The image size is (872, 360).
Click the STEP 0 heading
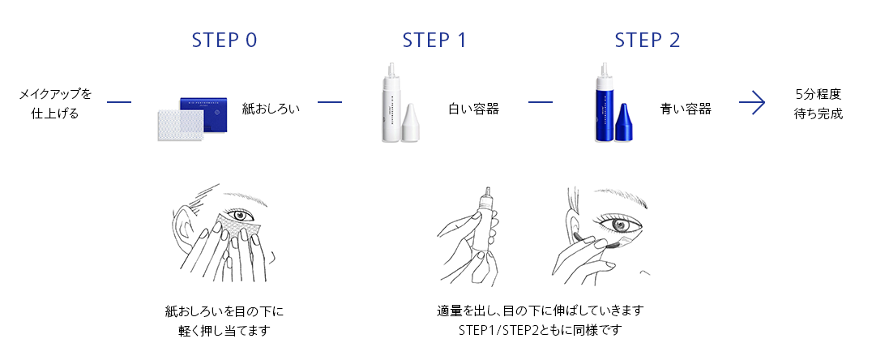pos(224,40)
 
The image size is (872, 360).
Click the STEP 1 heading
pos(435,40)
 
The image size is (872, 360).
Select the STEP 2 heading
pos(648,40)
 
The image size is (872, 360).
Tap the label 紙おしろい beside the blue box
pos(271,109)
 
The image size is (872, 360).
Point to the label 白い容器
pos(474,109)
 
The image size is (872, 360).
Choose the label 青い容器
pos(686,109)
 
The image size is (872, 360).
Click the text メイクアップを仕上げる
pos(55,104)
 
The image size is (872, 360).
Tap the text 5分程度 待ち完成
pos(818,104)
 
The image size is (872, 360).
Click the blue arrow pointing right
pos(752,102)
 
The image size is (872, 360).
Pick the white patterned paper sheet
pos(181,126)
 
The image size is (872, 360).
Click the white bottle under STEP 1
pos(392,102)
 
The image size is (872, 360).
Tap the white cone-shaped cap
pos(410,122)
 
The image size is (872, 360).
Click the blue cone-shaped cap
pos(623,122)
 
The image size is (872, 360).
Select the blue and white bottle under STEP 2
pos(604,102)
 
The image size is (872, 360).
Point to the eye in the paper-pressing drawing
pos(241,215)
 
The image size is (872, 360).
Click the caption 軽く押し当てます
pos(224,331)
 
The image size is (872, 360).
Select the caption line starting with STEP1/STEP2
pos(540,330)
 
